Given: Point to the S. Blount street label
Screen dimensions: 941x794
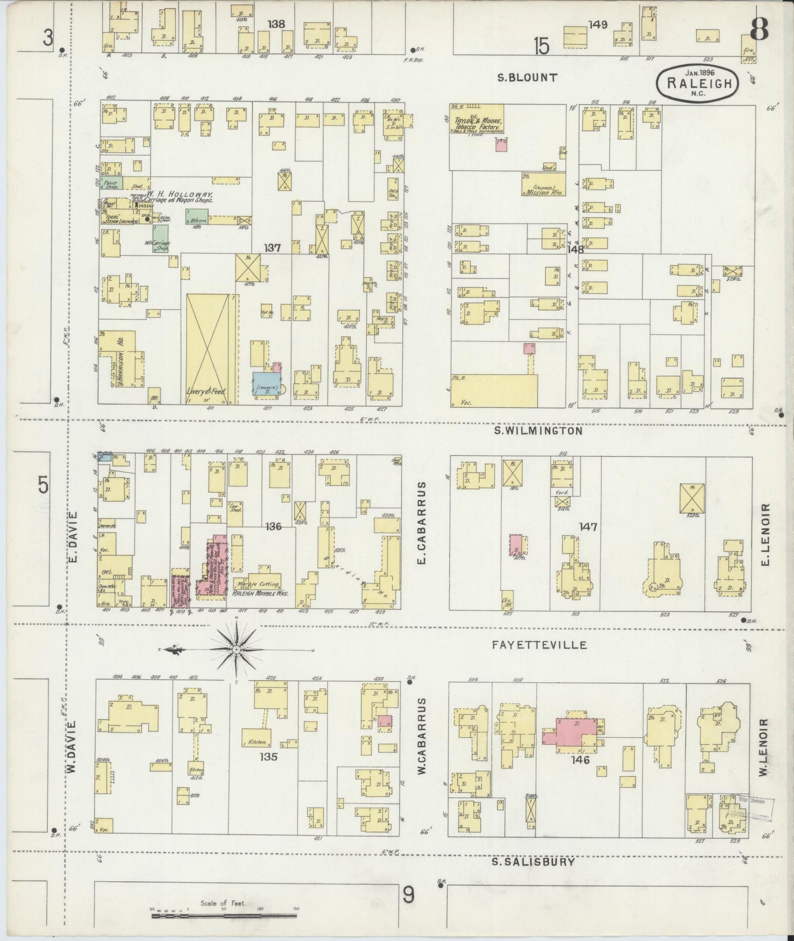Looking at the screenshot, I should click(x=527, y=77).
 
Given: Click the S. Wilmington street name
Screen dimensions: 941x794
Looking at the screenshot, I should click(x=538, y=431).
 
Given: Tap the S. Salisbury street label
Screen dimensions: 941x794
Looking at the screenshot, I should click(x=533, y=861).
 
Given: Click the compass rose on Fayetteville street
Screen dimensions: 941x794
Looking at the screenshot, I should click(x=236, y=649).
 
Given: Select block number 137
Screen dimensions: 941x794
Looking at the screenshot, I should click(x=273, y=248).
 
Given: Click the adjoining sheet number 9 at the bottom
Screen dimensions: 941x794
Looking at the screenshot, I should click(x=409, y=897).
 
